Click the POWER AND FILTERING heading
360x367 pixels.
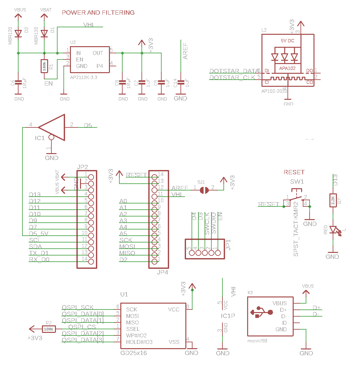(x=98, y=13)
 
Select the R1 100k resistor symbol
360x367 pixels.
(x=44, y=66)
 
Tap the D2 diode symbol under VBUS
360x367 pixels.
(x=18, y=33)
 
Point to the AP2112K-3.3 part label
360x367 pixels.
(x=84, y=78)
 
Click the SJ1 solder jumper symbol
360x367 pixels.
(x=204, y=190)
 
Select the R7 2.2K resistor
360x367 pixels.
(x=333, y=201)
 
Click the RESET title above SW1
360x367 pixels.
(x=294, y=172)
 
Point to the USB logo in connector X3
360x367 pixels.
(x=261, y=312)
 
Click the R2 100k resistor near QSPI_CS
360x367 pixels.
(x=49, y=329)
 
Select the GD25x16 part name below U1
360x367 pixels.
(x=133, y=353)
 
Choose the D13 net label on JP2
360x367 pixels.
(x=35, y=195)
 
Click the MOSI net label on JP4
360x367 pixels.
(x=127, y=247)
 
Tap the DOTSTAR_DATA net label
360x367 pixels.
(x=234, y=71)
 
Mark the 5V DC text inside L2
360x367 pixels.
(x=287, y=41)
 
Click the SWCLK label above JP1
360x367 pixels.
(x=207, y=223)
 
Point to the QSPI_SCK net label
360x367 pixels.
(x=78, y=308)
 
